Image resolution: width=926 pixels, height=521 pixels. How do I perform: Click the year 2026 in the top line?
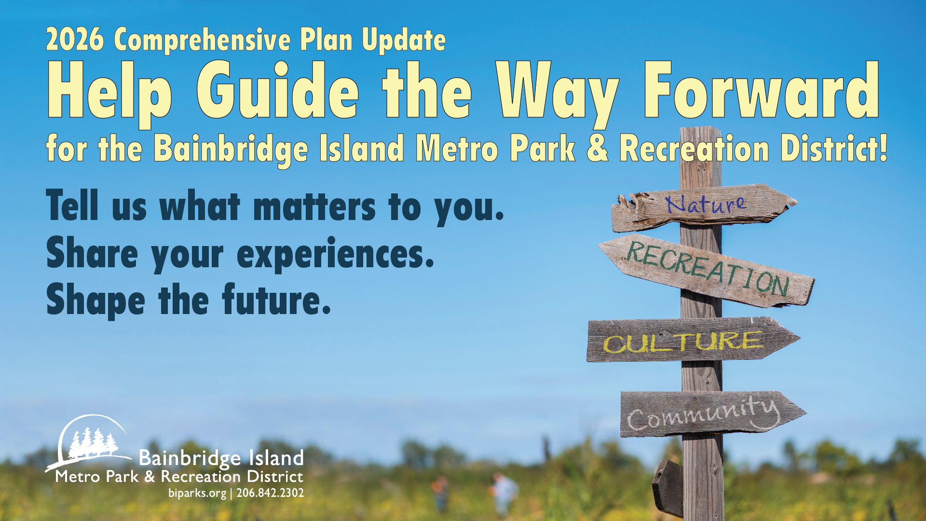pyautogui.click(x=75, y=40)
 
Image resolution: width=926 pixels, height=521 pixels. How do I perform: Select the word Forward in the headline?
pyautogui.click(x=762, y=90)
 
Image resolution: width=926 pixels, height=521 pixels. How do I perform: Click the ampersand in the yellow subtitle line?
pyautogui.click(x=598, y=148)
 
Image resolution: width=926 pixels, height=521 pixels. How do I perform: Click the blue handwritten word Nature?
pyautogui.click(x=706, y=204)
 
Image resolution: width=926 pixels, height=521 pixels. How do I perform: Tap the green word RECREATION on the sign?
pyautogui.click(x=708, y=269)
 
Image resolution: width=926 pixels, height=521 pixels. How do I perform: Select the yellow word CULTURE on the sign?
pyautogui.click(x=683, y=342)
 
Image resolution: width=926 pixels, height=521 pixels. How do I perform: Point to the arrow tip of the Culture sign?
pyautogui.click(x=800, y=338)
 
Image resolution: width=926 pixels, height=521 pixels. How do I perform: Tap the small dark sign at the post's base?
pyautogui.click(x=668, y=487)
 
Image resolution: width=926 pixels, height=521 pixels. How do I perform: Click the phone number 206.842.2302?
pyautogui.click(x=270, y=493)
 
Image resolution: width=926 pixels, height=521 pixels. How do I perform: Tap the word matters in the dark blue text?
pyautogui.click(x=314, y=206)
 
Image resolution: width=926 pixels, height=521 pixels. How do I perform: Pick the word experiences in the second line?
pyautogui.click(x=336, y=254)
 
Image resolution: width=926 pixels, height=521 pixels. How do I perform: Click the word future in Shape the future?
pyautogui.click(x=276, y=299)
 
